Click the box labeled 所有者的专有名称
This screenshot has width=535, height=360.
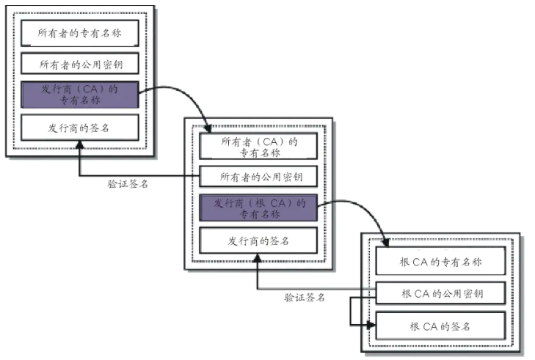click(79, 33)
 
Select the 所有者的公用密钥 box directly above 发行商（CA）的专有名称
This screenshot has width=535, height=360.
click(79, 64)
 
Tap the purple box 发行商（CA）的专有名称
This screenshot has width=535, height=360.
click(79, 95)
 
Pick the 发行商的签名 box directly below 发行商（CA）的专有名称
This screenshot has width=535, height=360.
click(79, 127)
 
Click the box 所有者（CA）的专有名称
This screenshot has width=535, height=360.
click(258, 146)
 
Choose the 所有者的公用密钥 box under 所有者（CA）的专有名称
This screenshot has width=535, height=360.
click(258, 177)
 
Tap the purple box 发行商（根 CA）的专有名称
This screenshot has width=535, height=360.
click(258, 208)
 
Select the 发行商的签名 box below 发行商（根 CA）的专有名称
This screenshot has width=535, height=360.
click(258, 240)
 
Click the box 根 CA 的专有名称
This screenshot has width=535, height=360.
click(440, 261)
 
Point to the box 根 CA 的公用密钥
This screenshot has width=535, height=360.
click(440, 294)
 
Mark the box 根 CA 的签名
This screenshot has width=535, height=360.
click(440, 325)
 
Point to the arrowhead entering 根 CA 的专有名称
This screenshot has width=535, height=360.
click(386, 242)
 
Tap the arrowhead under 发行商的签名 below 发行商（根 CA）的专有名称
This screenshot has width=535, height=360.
click(257, 258)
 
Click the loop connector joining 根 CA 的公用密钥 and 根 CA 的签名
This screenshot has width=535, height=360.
click(351, 309)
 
